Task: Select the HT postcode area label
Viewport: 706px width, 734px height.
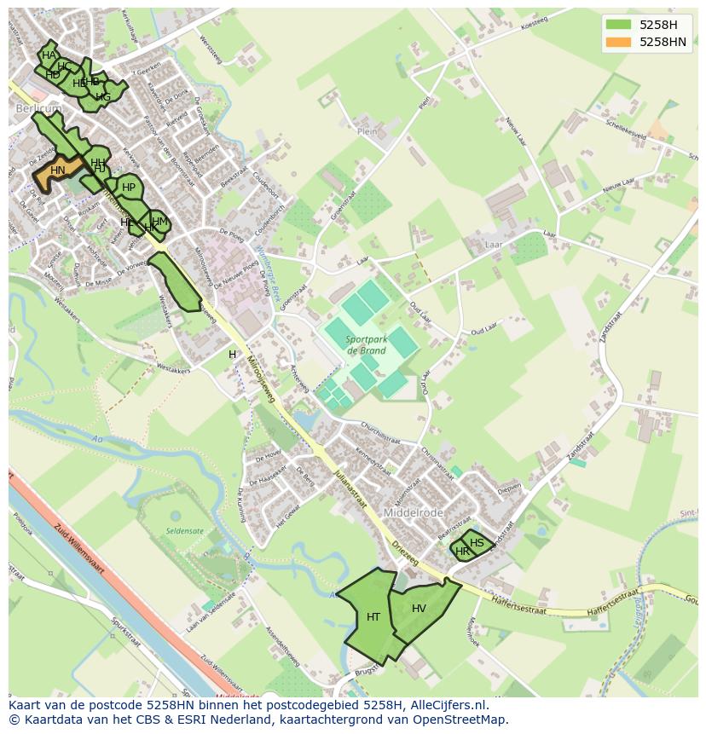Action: click(x=373, y=616)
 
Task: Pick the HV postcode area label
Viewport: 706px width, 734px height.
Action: click(x=419, y=609)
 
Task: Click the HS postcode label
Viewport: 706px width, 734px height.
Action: click(x=477, y=543)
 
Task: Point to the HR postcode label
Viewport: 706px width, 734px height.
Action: click(x=462, y=552)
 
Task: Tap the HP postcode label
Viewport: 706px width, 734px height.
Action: click(x=129, y=188)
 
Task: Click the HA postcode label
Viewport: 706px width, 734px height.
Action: click(x=49, y=55)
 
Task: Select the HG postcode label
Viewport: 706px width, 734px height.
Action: click(x=103, y=97)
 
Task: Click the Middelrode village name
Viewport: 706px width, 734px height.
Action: click(x=414, y=513)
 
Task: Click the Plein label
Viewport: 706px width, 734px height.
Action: click(x=367, y=132)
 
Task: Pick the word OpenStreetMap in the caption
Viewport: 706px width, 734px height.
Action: click(x=465, y=720)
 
